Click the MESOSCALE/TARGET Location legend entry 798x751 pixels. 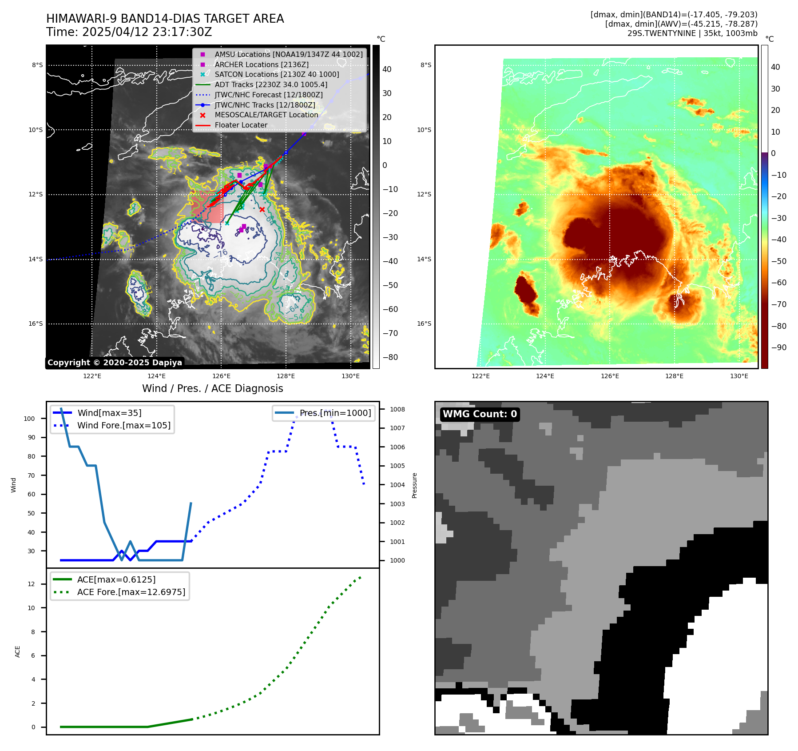tap(266, 115)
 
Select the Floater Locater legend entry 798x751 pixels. tap(241, 125)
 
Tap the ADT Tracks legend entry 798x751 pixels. tap(271, 84)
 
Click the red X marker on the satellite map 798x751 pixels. tap(262, 209)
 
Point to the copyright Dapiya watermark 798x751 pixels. tap(115, 363)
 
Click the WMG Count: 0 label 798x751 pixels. tap(480, 414)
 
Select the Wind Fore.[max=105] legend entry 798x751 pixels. tap(123, 425)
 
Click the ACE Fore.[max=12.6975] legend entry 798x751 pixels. tap(131, 592)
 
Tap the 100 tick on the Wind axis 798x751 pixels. tap(29, 419)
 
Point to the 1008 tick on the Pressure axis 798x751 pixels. tap(397, 409)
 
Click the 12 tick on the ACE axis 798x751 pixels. tap(31, 584)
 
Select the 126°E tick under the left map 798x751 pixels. tap(221, 376)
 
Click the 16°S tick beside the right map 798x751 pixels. tap(424, 324)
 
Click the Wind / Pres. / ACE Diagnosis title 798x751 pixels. tap(212, 388)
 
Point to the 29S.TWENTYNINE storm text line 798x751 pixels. tap(692, 33)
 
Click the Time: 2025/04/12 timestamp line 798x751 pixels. tap(129, 32)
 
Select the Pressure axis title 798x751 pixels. tap(414, 485)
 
